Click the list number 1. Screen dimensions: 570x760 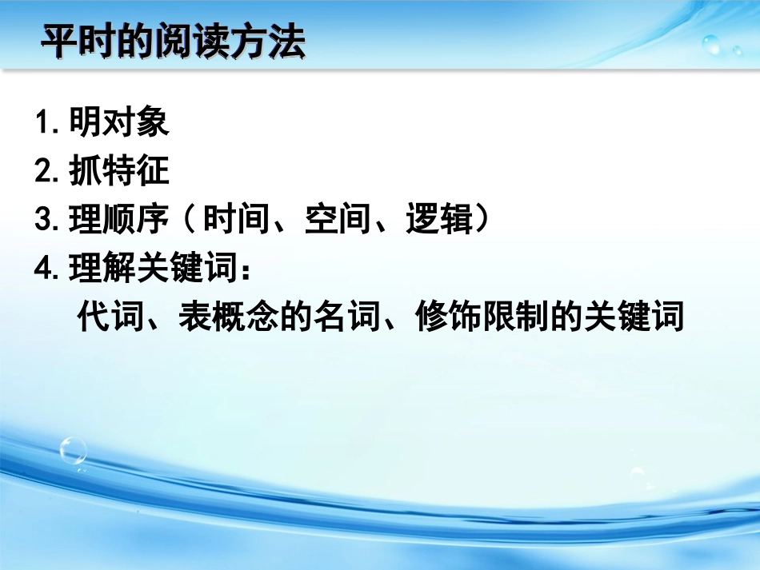(44, 123)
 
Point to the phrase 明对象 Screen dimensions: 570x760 (119, 123)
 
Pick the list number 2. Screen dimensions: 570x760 (44, 172)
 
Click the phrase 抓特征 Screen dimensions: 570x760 (119, 172)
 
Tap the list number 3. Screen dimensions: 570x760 (44, 221)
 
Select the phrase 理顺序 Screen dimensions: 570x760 (119, 221)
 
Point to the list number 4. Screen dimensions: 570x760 (44, 269)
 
